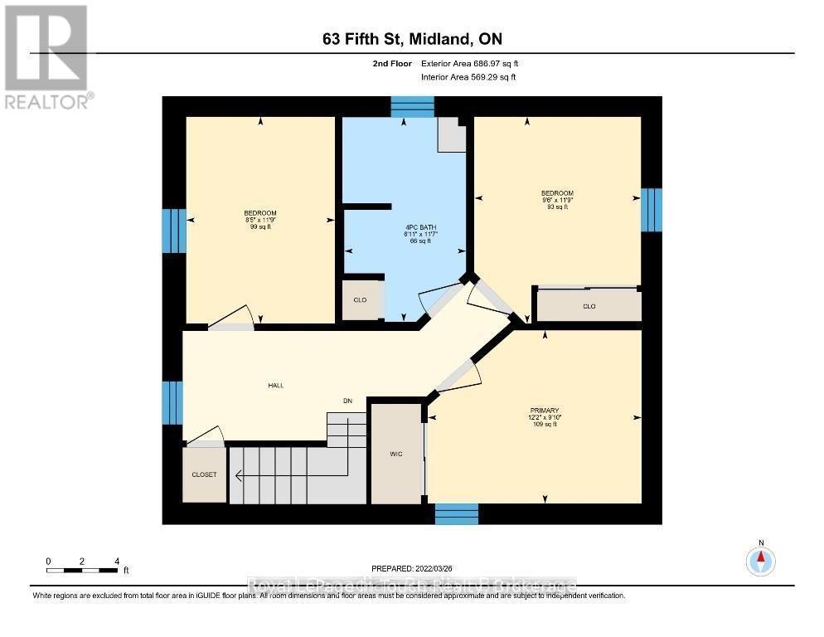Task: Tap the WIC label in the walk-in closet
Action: [x=396, y=454]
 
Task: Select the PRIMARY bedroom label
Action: [x=545, y=411]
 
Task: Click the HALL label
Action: [x=276, y=386]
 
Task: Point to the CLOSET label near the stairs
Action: [x=204, y=474]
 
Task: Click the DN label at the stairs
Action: [x=349, y=401]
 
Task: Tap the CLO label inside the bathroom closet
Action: [x=361, y=300]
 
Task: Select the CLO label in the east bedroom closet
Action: [x=589, y=306]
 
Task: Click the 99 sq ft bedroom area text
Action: [x=260, y=227]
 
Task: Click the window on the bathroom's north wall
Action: [x=412, y=106]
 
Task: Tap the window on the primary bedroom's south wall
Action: [x=457, y=513]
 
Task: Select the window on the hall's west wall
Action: [x=172, y=402]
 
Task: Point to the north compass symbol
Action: [x=760, y=561]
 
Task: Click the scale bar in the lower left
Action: [x=82, y=570]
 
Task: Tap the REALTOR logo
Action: [x=48, y=56]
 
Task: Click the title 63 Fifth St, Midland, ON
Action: [x=411, y=39]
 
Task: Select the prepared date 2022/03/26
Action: [x=413, y=568]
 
